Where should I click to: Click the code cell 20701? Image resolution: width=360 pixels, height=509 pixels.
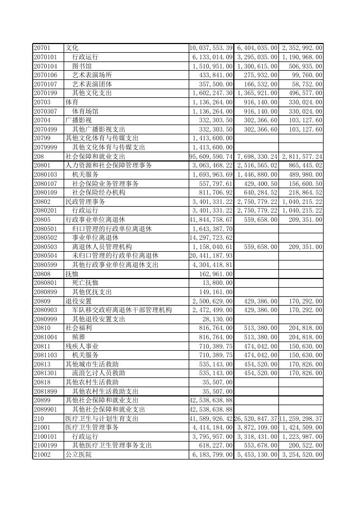[x=42, y=48]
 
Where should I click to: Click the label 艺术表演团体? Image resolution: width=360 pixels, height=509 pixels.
[x=92, y=84]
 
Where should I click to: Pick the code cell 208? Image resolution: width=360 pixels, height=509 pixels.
[x=39, y=156]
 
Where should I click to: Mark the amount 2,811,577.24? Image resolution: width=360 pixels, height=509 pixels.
[x=302, y=156]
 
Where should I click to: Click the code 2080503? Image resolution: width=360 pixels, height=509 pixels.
[x=45, y=246]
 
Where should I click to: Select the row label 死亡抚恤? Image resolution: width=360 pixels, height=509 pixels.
[x=85, y=282]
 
